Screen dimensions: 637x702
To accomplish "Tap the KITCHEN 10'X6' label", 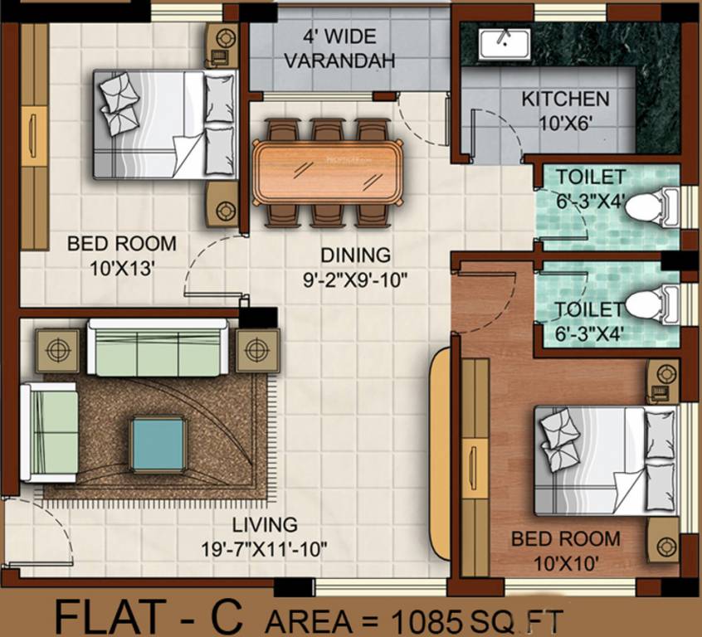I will pyautogui.click(x=565, y=109).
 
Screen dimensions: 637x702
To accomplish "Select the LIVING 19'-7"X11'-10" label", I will pyautogui.click(x=265, y=536).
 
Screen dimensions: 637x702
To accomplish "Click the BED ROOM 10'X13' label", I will pyautogui.click(x=121, y=255).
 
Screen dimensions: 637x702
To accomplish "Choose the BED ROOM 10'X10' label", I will pyautogui.click(x=565, y=549).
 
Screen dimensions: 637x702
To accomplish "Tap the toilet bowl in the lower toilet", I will pyautogui.click(x=650, y=304).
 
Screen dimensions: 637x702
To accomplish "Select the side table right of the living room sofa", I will pyautogui.click(x=258, y=349).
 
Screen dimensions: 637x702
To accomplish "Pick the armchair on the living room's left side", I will pyautogui.click(x=49, y=430).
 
